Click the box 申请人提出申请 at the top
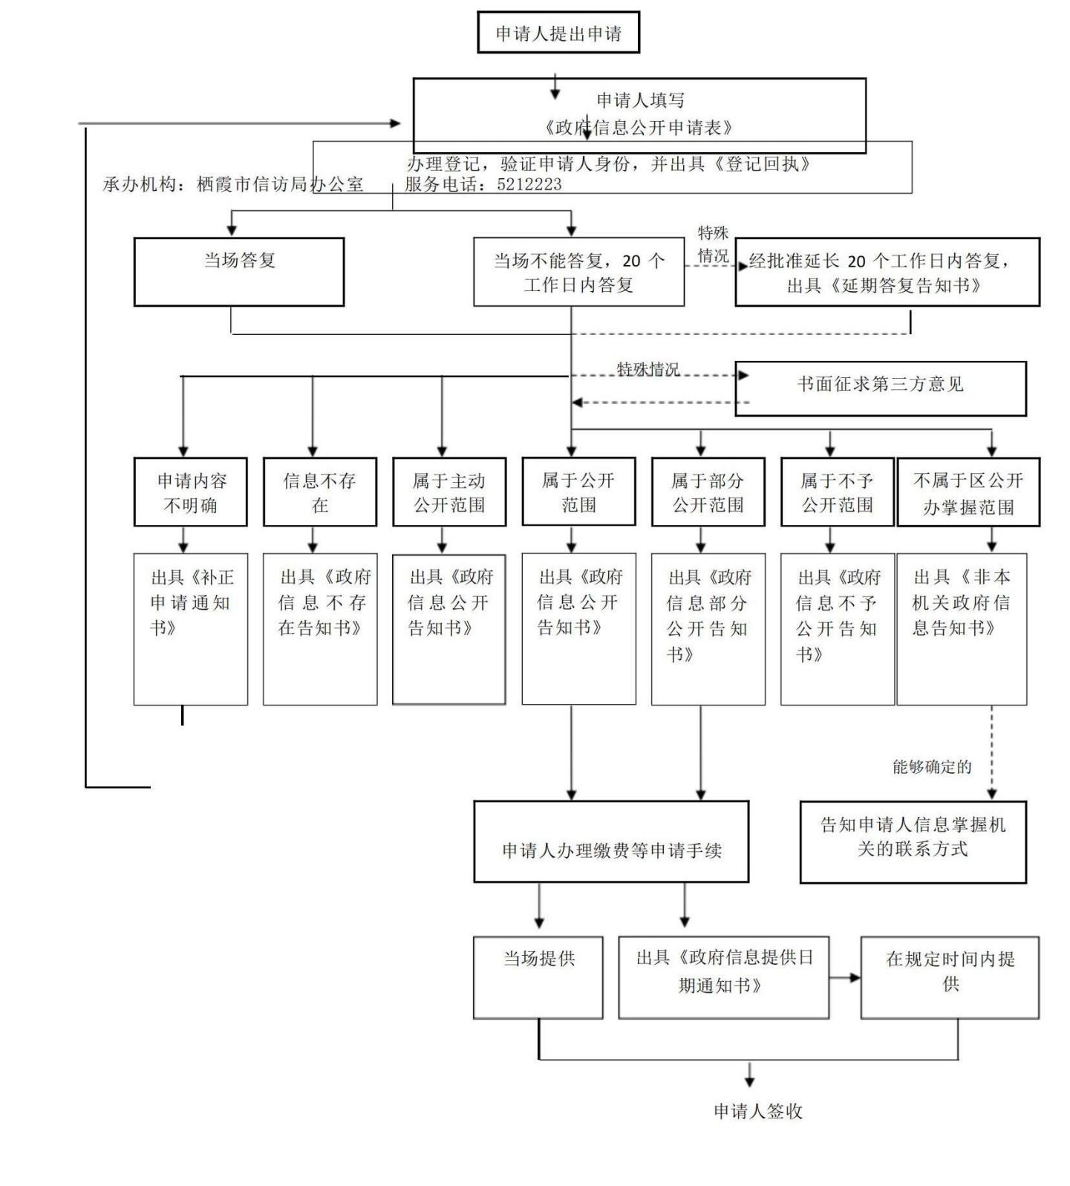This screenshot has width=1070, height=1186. [x=558, y=33]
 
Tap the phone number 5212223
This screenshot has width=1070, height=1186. [x=529, y=184]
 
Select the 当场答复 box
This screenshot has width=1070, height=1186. [x=239, y=271]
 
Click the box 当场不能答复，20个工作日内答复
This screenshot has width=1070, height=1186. [x=578, y=272]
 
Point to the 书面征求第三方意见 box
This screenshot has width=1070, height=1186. [x=880, y=388]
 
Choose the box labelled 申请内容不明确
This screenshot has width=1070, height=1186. [x=191, y=492]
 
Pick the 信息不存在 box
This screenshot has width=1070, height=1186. [x=320, y=492]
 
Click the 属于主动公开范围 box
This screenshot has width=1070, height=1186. [x=449, y=492]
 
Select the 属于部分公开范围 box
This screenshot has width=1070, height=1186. [x=708, y=492]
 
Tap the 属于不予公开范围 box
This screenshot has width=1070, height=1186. [x=837, y=492]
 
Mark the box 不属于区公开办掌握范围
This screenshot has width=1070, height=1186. [x=968, y=492]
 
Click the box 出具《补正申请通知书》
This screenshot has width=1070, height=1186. [x=191, y=628]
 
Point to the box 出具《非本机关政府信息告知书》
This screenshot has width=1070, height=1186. [x=962, y=628]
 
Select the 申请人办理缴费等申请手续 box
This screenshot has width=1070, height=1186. [x=611, y=841]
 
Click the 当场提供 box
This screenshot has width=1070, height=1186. [x=538, y=977]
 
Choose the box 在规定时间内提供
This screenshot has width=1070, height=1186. [x=950, y=977]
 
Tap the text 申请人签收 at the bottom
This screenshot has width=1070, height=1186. [x=757, y=1111]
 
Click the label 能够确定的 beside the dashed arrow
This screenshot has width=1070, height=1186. [x=932, y=766]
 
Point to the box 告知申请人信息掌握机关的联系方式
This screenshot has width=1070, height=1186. [x=913, y=841]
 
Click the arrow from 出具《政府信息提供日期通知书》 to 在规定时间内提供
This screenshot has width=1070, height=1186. [x=844, y=977]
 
